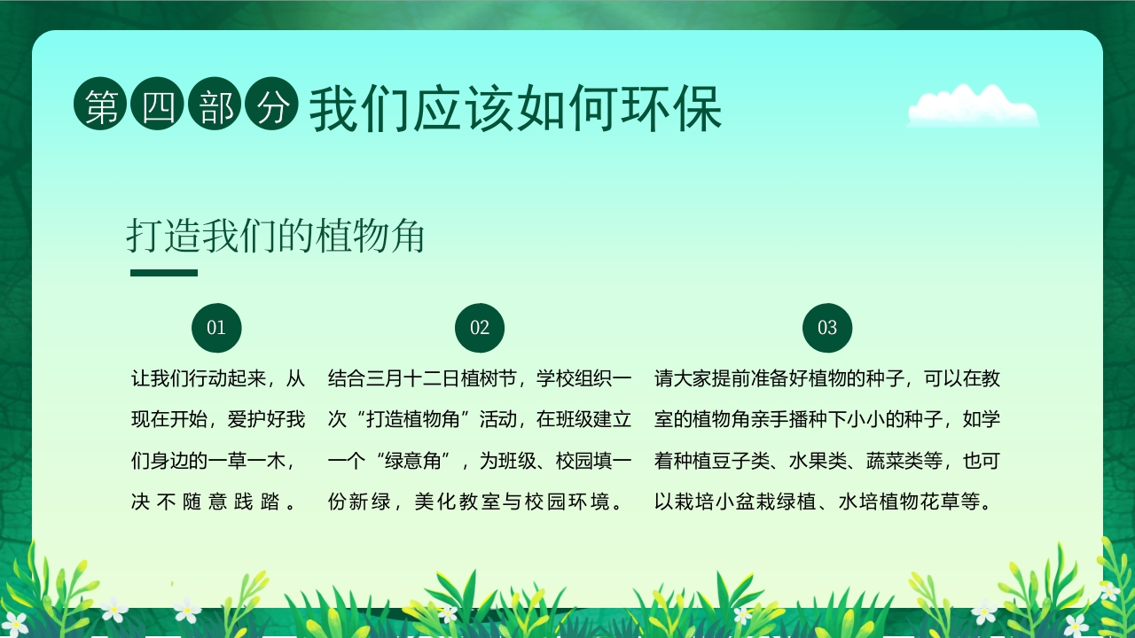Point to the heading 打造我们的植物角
[276, 237]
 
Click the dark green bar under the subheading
[163, 273]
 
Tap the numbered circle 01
[216, 328]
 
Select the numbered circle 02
[480, 328]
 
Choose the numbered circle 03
[827, 328]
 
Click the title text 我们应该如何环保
[515, 109]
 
